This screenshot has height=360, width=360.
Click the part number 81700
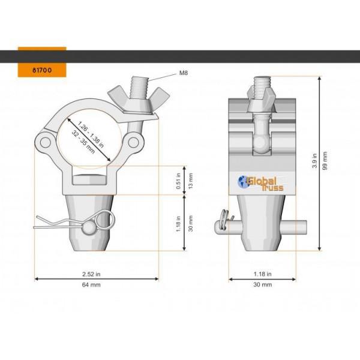coord(41,70)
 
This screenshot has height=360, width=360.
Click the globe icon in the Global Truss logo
coord(244,181)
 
